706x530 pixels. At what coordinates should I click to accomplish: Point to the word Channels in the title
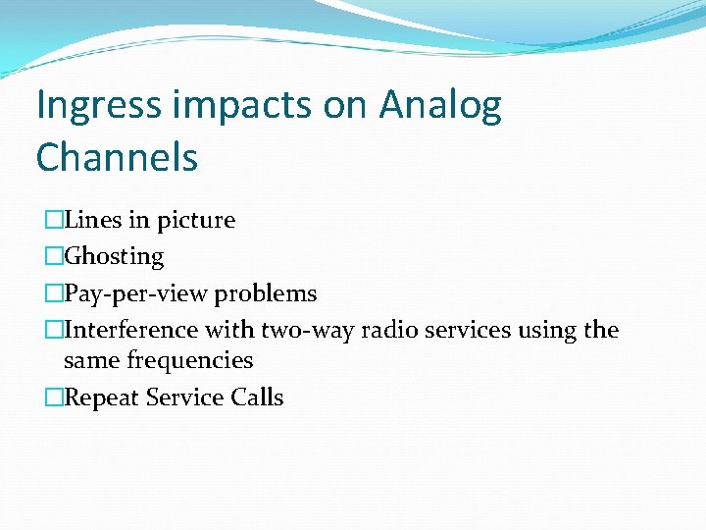117,157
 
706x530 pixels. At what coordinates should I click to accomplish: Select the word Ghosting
114,257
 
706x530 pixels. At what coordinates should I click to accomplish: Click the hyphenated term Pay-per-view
136,294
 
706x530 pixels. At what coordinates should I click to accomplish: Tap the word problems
266,294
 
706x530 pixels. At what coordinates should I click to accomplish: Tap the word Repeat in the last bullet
101,398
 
